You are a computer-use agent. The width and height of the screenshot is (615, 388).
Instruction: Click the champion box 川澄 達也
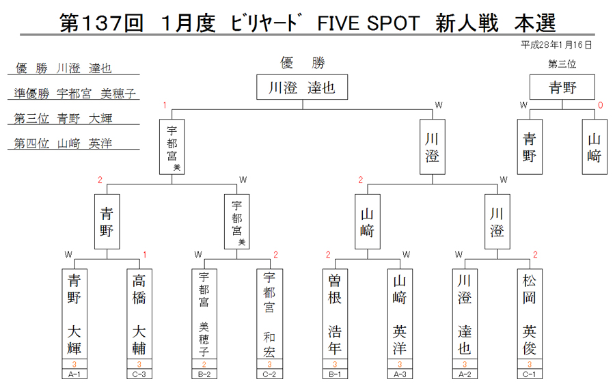[302, 87]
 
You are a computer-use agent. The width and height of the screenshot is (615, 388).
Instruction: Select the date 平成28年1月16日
[556, 45]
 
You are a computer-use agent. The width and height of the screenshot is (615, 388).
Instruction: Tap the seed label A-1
[74, 374]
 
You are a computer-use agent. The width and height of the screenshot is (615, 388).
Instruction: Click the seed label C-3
[139, 374]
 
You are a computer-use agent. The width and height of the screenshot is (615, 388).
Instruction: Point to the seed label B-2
[204, 374]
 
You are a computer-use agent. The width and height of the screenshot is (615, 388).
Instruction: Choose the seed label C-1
[530, 374]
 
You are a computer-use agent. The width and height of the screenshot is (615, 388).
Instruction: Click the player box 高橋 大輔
[139, 314]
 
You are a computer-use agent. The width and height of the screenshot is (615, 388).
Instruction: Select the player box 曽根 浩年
[335, 314]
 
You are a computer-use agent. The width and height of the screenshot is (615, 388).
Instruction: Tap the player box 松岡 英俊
[530, 314]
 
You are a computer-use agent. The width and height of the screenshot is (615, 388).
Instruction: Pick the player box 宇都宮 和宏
[269, 314]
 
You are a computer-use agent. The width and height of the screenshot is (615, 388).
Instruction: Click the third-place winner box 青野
[562, 87]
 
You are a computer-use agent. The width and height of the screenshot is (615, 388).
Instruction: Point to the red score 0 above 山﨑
[600, 105]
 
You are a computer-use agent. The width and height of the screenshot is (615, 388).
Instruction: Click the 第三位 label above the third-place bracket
[562, 64]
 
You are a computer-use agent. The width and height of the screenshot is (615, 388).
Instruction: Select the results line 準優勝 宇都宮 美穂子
[74, 94]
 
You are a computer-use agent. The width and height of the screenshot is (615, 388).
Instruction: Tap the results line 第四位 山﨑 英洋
[63, 143]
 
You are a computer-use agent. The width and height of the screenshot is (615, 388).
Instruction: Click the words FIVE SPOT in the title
[368, 23]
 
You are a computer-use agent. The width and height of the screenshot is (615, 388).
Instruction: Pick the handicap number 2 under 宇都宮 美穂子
[204, 364]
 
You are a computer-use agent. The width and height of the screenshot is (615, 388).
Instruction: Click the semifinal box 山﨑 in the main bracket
[368, 221]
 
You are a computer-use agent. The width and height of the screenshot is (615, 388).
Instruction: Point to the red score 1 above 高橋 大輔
[145, 255]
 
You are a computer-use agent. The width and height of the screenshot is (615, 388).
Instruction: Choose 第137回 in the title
[101, 23]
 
